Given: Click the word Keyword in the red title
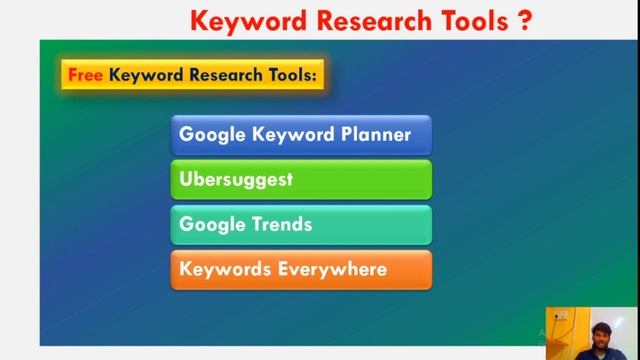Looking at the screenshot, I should [239, 19].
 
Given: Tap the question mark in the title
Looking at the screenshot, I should [525, 19].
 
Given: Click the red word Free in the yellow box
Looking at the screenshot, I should [86, 74].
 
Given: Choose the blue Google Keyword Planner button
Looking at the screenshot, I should [301, 135].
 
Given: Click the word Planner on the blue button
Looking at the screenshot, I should [372, 135].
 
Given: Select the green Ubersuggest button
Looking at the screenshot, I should [301, 180].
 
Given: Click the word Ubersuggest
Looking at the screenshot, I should [236, 180].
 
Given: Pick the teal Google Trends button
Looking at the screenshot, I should [301, 225].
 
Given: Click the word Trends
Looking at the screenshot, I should [280, 225].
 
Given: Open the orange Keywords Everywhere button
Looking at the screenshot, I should [301, 270].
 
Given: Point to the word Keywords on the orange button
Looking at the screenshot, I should [225, 270].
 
